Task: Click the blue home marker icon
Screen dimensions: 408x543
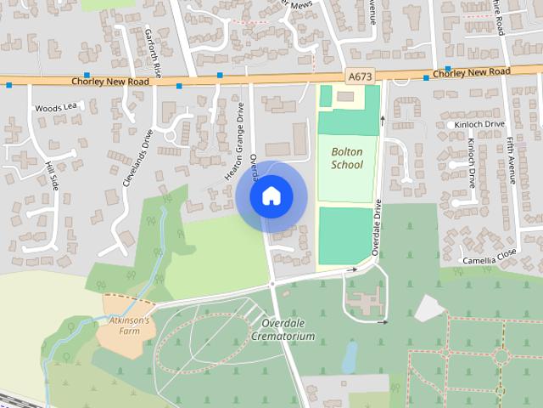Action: point(271,196)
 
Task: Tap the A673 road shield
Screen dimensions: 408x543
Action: point(359,76)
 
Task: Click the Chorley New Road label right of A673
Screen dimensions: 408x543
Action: point(471,74)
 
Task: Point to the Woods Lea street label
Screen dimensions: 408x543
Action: point(55,108)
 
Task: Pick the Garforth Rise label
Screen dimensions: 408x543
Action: point(156,51)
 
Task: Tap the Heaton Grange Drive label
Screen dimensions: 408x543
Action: point(234,140)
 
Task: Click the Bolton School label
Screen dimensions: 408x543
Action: point(346,158)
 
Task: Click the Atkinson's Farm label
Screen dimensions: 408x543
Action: point(129,326)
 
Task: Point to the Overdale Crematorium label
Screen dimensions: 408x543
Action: point(283,330)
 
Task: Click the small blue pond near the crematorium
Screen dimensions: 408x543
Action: point(350,357)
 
